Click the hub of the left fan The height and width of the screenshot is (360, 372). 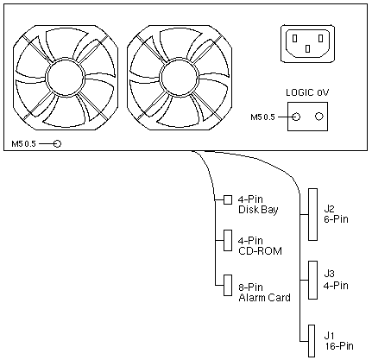(66, 77)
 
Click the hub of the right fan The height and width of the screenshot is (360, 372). (179, 77)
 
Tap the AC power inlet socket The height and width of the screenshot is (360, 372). (307, 43)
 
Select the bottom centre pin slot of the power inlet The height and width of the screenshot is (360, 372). (307, 49)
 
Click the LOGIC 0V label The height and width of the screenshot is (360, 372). (307, 92)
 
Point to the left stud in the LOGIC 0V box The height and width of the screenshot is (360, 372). (296, 117)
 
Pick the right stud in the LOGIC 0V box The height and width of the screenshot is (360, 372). (319, 117)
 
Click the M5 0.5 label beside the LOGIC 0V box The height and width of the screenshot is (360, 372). (262, 117)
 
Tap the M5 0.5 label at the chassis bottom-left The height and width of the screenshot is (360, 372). (23, 143)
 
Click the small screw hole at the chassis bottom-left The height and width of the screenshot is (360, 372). (58, 143)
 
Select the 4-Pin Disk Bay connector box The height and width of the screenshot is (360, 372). (228, 199)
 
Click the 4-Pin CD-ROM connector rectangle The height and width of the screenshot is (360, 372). (228, 240)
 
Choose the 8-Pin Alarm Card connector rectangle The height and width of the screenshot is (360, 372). (228, 285)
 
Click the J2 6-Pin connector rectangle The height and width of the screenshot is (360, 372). (313, 214)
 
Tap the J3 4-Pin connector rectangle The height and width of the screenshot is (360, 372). (313, 280)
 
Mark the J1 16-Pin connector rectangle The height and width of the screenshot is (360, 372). (312, 341)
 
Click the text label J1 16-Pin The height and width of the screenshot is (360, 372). (339, 341)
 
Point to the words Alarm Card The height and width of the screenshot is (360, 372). (264, 297)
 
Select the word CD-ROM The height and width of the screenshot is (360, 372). (260, 251)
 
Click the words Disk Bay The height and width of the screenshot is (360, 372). (258, 210)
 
